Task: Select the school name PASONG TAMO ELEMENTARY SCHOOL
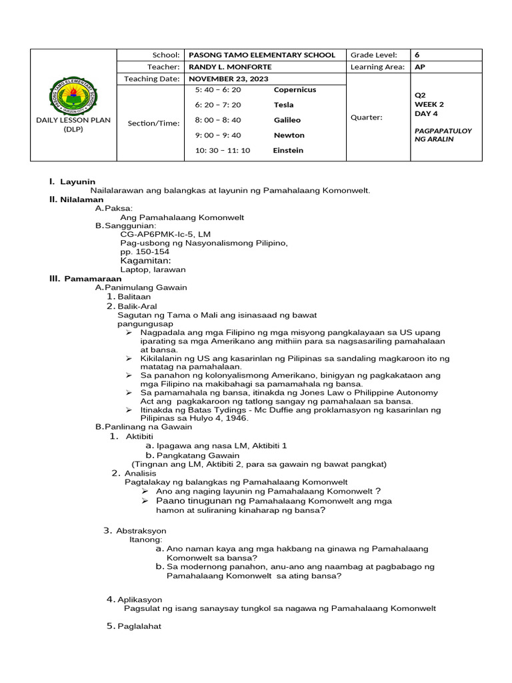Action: click(262, 55)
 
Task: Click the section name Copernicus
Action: click(295, 89)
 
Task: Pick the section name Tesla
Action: click(283, 105)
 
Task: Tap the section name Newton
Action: click(289, 135)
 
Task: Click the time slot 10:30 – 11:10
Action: click(223, 150)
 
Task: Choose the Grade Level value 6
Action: click(418, 55)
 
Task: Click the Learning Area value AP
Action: click(420, 67)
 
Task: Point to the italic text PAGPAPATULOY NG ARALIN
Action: click(443, 135)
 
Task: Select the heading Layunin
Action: click(77, 181)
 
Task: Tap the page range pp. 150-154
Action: click(145, 252)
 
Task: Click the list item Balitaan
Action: click(134, 296)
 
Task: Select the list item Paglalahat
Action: click(139, 626)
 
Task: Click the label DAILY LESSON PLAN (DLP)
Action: click(73, 125)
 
